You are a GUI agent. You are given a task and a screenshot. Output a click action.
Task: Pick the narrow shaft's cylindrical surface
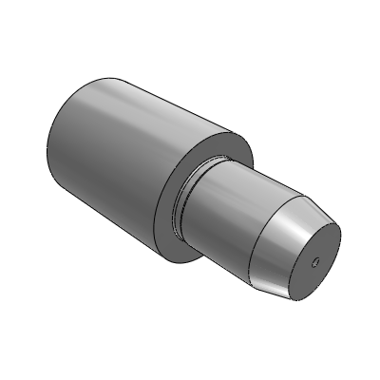click(228, 204)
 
